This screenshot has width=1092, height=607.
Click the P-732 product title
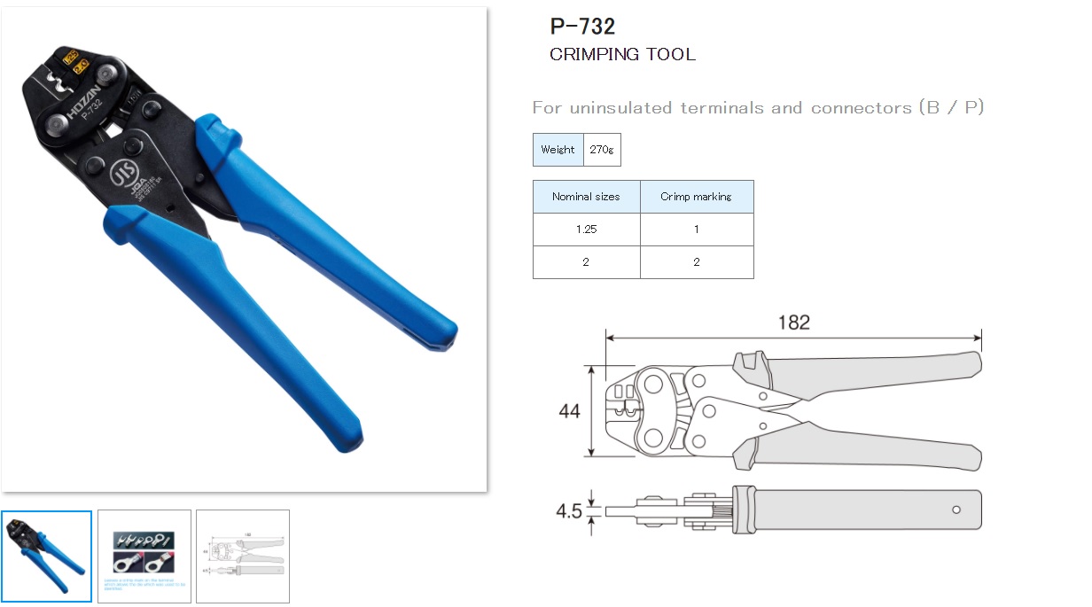coord(582,26)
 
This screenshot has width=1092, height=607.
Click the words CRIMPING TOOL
coord(622,54)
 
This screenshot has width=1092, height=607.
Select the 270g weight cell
coord(602,150)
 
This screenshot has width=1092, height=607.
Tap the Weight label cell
coord(558,150)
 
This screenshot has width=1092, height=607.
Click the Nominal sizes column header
coord(586,197)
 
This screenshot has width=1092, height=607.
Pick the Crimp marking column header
coord(696,197)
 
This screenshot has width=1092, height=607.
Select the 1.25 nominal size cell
coord(586,229)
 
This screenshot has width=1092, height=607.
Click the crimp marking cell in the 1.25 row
coord(696,229)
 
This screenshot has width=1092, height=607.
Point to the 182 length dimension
coord(793,323)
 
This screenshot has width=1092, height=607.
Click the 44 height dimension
coord(570,411)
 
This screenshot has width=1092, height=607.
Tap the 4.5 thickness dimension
coord(568,511)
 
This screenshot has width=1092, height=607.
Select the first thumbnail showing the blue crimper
coord(46,556)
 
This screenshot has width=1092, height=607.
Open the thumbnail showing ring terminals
coord(144,556)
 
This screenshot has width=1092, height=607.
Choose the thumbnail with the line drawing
coord(242,556)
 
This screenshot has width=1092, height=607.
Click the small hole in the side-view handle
coord(956,510)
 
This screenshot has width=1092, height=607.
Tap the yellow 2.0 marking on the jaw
coord(81,66)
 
